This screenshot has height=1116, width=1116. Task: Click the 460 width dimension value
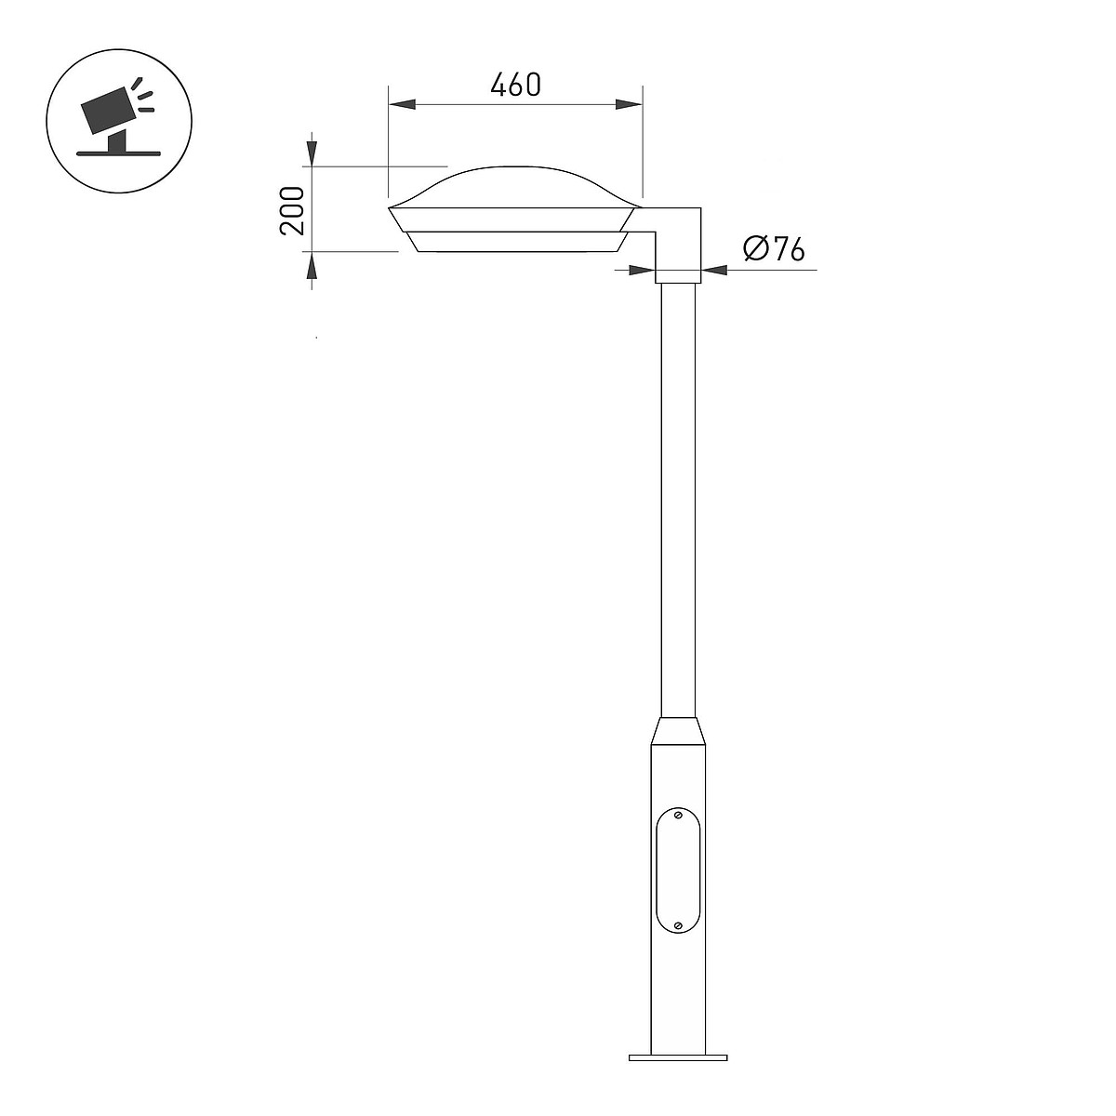[515, 85]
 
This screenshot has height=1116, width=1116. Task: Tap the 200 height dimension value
[292, 211]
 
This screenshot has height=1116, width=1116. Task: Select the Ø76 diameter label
[774, 249]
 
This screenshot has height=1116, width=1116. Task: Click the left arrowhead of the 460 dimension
[402, 105]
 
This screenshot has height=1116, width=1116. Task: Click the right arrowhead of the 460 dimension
[629, 105]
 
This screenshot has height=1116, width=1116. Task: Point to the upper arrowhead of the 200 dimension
[312, 153]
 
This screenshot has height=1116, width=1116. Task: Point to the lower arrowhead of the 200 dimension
[312, 265]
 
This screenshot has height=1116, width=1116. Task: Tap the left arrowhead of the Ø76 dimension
[643, 270]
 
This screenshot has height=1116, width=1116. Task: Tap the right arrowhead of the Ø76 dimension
[714, 270]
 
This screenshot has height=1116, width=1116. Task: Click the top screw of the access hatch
[678, 816]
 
